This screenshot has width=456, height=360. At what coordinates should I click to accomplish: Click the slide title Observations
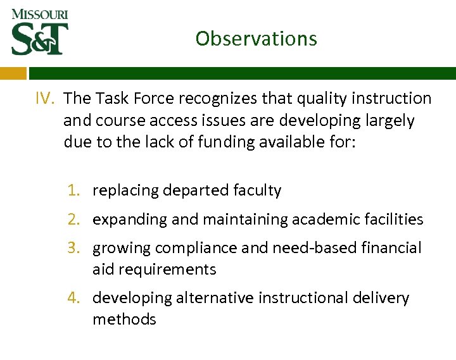coord(256,39)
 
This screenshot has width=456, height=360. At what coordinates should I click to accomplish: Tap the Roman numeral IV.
coord(46,99)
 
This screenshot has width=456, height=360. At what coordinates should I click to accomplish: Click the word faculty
coord(256,190)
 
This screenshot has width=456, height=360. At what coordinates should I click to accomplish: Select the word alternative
coord(218,298)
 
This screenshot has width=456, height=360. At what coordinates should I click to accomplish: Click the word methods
coord(124,320)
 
